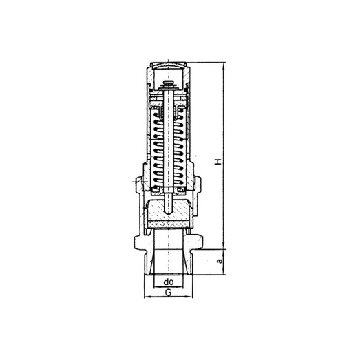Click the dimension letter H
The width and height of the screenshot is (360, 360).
click(218, 161)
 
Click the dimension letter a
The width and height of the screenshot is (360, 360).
click(220, 261)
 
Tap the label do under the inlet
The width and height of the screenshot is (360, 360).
click(169, 282)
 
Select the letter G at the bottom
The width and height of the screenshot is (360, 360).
click(169, 293)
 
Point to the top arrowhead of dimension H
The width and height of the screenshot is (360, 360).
click(223, 65)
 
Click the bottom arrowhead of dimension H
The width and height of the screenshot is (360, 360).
click(223, 246)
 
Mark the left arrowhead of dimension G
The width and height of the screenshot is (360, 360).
click(147, 297)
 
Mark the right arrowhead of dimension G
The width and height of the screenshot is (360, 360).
click(190, 297)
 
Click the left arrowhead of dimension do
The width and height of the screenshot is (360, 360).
click(156, 286)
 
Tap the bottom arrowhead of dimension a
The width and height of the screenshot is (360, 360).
click(223, 272)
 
